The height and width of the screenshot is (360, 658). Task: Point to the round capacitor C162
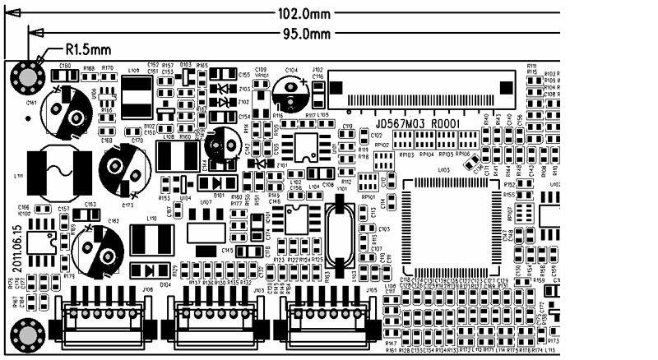click(98, 246)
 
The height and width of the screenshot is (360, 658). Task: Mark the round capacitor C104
click(293, 92)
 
